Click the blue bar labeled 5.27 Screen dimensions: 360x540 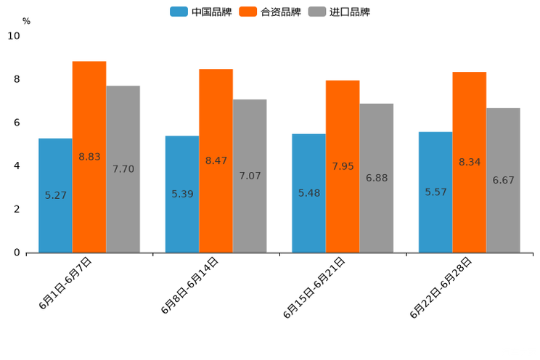tap(55, 195)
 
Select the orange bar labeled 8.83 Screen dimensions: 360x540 tap(89, 157)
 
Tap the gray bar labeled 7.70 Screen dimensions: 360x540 tap(123, 169)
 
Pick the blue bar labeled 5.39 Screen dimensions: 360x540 tap(182, 194)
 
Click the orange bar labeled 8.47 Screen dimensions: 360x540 tap(216, 160)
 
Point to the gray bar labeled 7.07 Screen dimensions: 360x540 tap(250, 176)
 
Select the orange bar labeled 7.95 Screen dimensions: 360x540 tap(343, 166)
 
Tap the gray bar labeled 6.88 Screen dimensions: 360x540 tap(376, 178)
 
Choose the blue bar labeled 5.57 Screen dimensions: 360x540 tap(435, 192)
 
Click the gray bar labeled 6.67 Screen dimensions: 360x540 tap(503, 180)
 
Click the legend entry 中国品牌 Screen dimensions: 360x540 tap(201, 12)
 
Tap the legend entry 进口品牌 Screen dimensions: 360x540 tap(339, 12)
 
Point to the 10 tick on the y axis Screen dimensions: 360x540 tap(14, 36)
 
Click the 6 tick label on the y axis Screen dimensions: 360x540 tap(17, 123)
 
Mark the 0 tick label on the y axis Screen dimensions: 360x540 tap(17, 253)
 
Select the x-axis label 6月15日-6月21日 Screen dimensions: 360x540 tap(314, 287)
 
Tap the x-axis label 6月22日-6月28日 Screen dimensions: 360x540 tap(441, 287)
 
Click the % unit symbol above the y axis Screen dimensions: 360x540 tap(26, 22)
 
